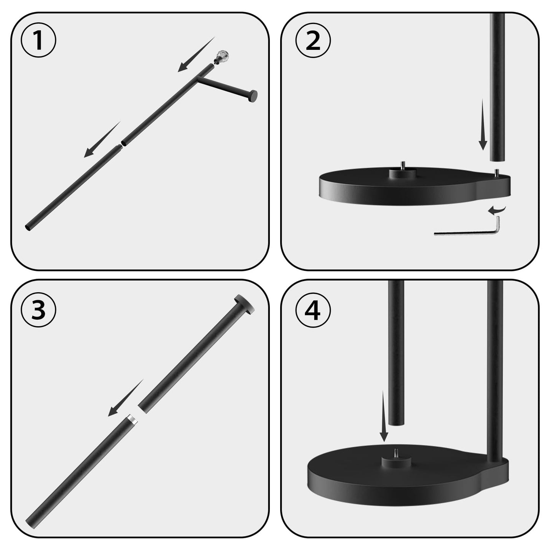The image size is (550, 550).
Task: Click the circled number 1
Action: click(x=38, y=40)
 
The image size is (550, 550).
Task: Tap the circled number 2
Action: click(x=313, y=40)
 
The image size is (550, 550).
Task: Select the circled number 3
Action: click(x=38, y=310)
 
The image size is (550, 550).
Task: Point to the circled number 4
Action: click(x=313, y=310)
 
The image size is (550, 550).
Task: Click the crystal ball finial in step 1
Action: click(x=221, y=56)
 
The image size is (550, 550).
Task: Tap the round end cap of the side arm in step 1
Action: click(x=252, y=96)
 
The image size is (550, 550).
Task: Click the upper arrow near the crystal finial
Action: click(x=196, y=55)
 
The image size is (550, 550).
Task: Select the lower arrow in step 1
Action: click(x=101, y=140)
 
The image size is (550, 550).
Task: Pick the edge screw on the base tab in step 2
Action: click(x=496, y=172)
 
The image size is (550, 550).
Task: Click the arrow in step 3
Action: click(x=125, y=398)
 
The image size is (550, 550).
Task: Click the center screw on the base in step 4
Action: click(x=396, y=453)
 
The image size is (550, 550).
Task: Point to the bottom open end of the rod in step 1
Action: click(x=28, y=228)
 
